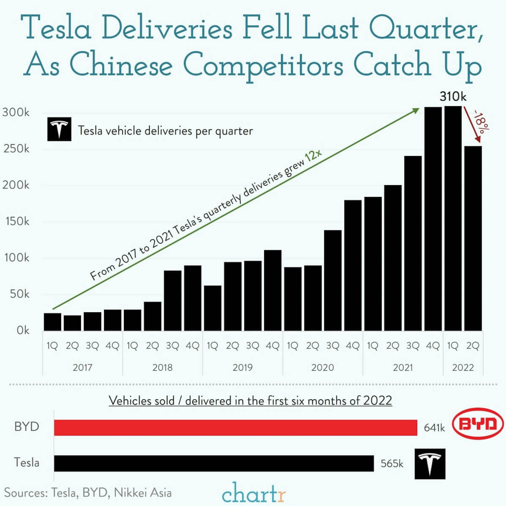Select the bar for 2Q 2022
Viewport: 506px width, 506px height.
pos(473,238)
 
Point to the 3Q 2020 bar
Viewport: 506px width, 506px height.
pos(333,280)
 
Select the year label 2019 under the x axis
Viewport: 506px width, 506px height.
pos(242,368)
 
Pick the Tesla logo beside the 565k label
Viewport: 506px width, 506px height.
pos(430,464)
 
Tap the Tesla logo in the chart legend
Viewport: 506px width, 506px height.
pos(59,129)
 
